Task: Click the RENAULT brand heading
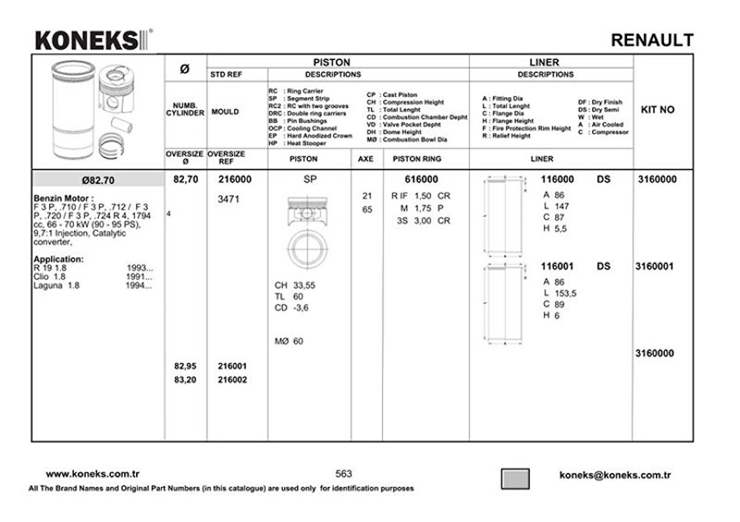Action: [652, 41]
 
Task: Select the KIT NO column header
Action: [657, 110]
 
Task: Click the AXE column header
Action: [366, 159]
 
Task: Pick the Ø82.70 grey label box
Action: [98, 181]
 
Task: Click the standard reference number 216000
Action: [235, 179]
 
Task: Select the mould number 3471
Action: [228, 200]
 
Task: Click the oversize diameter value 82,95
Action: [185, 366]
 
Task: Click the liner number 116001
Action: [557, 267]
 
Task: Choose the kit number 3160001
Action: [656, 267]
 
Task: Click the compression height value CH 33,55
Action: [295, 285]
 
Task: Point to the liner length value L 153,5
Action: [560, 293]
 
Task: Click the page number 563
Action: [344, 474]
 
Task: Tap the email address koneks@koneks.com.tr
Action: [615, 476]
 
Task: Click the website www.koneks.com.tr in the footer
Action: [93, 474]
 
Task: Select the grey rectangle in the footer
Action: [515, 479]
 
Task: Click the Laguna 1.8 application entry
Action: [56, 285]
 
